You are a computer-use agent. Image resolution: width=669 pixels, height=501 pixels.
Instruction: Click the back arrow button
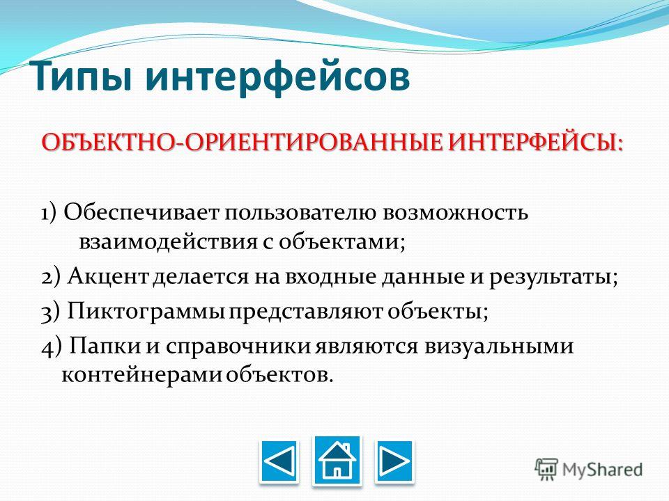click(279, 462)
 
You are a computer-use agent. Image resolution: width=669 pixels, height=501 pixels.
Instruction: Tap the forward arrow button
click(394, 462)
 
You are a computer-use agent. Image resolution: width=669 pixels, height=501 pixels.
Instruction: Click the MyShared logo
click(589, 470)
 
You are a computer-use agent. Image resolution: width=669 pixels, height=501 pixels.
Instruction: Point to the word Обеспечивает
click(141, 212)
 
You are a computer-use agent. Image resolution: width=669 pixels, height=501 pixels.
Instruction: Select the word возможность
click(456, 212)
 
